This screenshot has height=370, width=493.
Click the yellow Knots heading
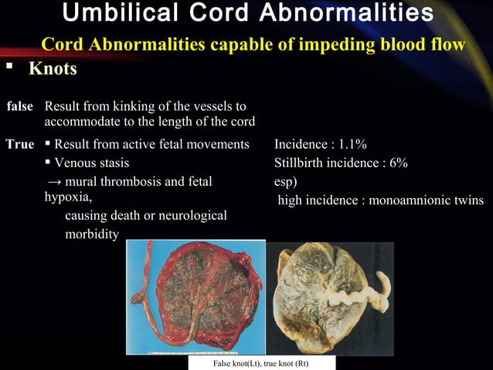click(53, 69)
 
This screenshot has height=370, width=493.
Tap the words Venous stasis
click(91, 163)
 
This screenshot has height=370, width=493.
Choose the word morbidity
click(91, 233)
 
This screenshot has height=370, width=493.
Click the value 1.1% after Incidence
click(352, 144)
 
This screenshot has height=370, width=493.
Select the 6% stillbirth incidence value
click(399, 163)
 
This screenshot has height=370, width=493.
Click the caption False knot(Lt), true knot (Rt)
click(262, 362)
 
